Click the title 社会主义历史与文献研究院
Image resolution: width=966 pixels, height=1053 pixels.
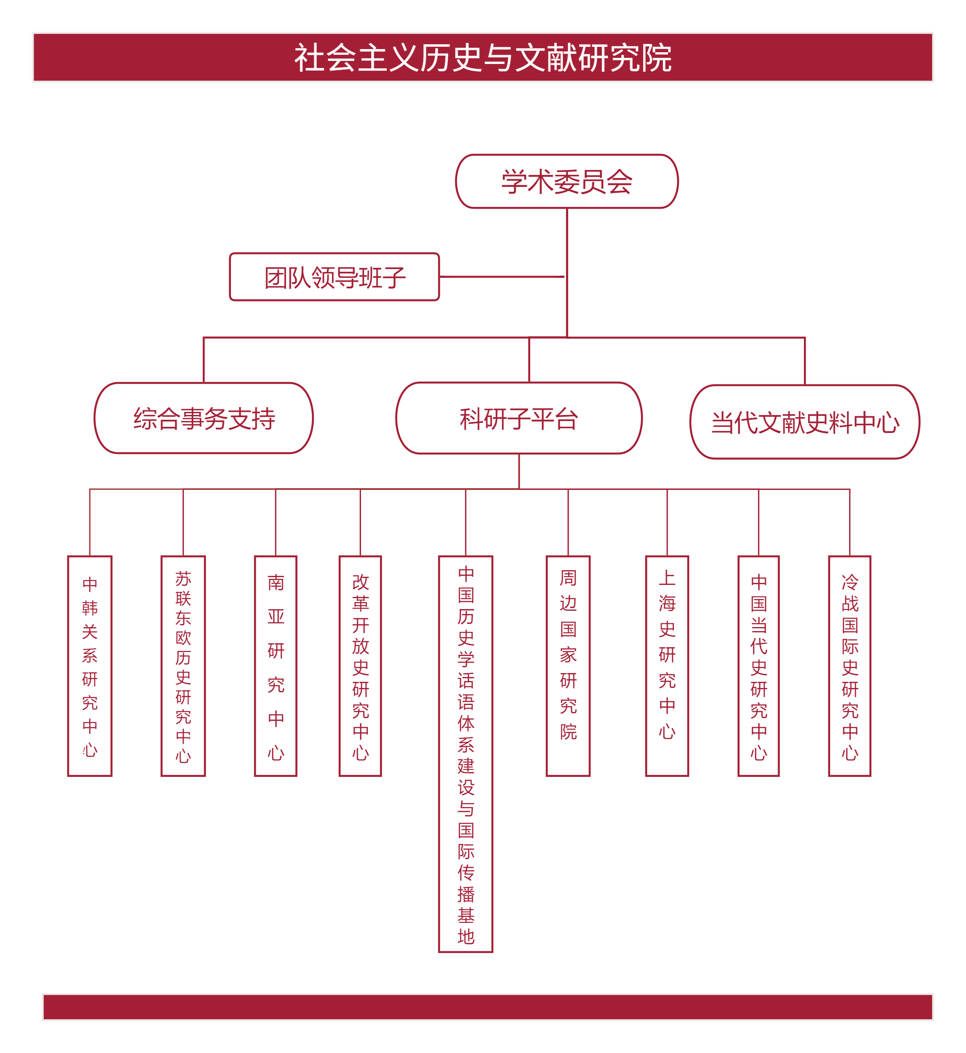point(482,57)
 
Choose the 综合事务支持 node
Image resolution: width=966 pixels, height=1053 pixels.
point(204,418)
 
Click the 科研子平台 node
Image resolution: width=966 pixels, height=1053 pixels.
point(519,418)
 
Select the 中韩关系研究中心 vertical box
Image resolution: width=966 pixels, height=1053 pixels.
point(90,666)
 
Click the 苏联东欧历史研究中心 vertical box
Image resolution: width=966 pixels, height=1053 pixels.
point(183,666)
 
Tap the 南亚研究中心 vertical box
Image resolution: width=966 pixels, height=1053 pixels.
point(276,666)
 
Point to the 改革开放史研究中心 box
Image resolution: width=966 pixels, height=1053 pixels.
point(360,666)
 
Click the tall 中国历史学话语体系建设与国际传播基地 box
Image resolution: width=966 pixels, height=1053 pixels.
point(465,753)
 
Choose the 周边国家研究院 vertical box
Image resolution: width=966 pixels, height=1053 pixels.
point(568,666)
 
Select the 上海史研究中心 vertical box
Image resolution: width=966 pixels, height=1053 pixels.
point(667,666)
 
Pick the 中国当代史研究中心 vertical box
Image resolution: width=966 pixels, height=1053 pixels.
point(758,666)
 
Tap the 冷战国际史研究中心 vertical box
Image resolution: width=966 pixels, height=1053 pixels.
point(849,666)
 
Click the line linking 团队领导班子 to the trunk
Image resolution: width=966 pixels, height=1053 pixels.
point(502,277)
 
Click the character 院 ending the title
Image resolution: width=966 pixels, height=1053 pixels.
point(657,57)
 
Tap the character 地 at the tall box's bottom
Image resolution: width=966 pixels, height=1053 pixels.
point(465,936)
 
